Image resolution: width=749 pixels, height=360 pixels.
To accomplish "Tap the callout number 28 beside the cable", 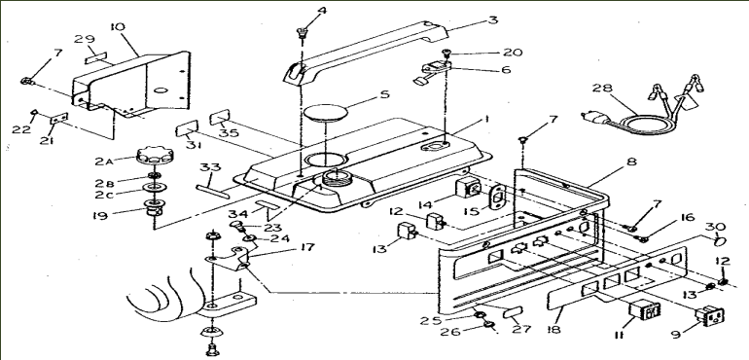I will click(603, 90).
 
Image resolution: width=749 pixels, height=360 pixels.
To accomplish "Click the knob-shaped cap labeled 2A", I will click(151, 156).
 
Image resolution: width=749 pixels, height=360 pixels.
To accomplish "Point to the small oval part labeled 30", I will click(720, 236).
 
